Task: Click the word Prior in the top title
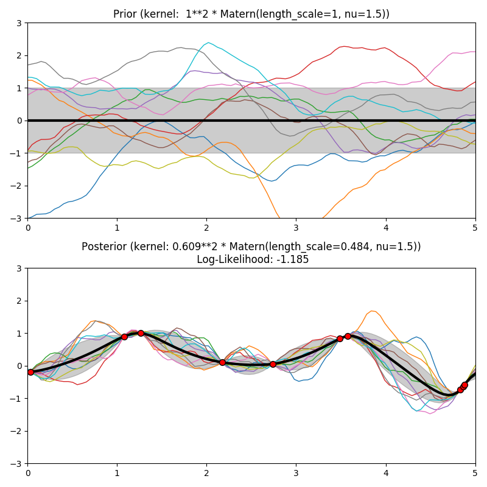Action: (125, 14)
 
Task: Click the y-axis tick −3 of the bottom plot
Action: (18, 464)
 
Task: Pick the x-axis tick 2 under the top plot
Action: (206, 227)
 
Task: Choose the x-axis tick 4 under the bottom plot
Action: (386, 472)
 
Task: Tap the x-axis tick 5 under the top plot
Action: (475, 227)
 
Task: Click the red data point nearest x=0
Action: (30, 372)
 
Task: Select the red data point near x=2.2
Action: (222, 362)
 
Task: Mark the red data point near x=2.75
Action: (273, 364)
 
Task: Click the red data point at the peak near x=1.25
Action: (141, 333)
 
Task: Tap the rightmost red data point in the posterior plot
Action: (464, 385)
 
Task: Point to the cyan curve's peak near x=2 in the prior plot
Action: (208, 43)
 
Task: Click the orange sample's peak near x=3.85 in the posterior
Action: (372, 311)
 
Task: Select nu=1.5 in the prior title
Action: (368, 14)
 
